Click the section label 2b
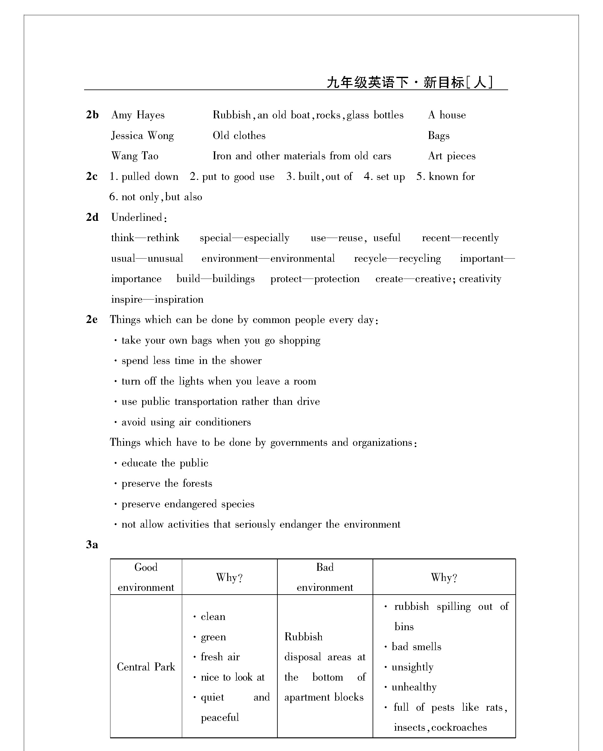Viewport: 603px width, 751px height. [92, 115]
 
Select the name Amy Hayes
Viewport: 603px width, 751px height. [138, 115]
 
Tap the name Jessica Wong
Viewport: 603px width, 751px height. [142, 135]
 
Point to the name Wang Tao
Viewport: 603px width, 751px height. [135, 156]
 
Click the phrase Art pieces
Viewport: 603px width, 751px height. [452, 156]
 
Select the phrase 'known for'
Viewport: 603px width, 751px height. [452, 177]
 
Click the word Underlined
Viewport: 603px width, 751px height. [136, 217]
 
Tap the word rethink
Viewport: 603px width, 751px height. [163, 238]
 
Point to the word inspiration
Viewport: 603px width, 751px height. [179, 299]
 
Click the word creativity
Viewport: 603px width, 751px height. [480, 279]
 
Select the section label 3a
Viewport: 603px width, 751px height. [92, 544]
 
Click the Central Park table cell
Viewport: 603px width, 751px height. [146, 667]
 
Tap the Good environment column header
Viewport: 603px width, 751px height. [146, 577]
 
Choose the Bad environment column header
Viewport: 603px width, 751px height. [325, 577]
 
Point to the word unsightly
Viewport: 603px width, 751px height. [413, 667]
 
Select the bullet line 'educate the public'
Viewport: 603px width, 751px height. [165, 463]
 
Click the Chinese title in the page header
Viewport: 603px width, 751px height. [409, 82]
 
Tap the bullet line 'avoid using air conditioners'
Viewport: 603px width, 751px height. [186, 422]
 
